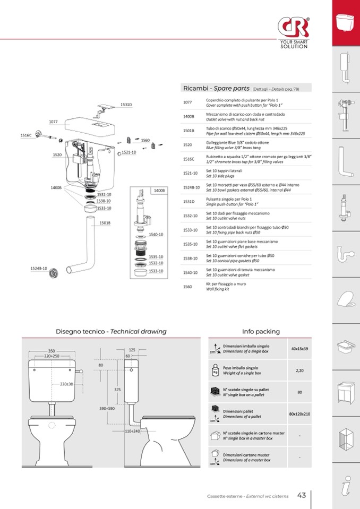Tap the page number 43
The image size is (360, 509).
pyautogui.click(x=301, y=495)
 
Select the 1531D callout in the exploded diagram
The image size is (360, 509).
pyautogui.click(x=126, y=105)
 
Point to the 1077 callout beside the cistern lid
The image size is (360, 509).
pyautogui.click(x=53, y=122)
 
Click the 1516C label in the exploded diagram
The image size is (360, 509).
pyautogui.click(x=26, y=135)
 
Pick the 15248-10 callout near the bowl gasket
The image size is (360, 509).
pyautogui.click(x=39, y=269)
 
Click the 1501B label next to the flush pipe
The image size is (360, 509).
pyautogui.click(x=105, y=223)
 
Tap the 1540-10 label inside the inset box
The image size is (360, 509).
pyautogui.click(x=156, y=235)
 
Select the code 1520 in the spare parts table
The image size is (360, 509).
pyautogui.click(x=187, y=145)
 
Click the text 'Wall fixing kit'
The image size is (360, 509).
pyautogui.click(x=218, y=289)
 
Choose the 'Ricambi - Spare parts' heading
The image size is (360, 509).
pyautogui.click(x=216, y=88)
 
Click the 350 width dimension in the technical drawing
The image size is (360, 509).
pyautogui.click(x=52, y=351)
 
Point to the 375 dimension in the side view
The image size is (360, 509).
pyautogui.click(x=117, y=390)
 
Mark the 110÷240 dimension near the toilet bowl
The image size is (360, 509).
pyautogui.click(x=132, y=431)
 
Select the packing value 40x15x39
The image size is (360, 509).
pyautogui.click(x=299, y=349)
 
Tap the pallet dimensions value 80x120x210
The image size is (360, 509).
pyautogui.click(x=299, y=414)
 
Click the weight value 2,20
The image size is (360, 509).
pyautogui.click(x=299, y=370)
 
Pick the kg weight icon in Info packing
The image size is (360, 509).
pyautogui.click(x=215, y=370)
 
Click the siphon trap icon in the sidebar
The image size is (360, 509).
pyautogui.click(x=346, y=254)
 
